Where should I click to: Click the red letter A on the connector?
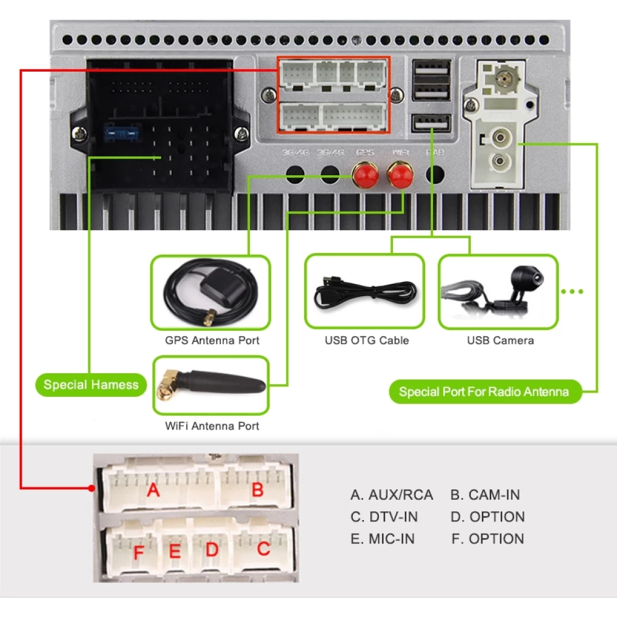(x=153, y=491)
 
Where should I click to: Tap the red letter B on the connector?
(x=257, y=491)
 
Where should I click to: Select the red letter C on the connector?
(x=263, y=549)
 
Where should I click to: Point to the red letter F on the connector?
(x=138, y=551)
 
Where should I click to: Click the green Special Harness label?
(x=91, y=385)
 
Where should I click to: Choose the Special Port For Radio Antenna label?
(x=484, y=392)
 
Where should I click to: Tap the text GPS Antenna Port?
(x=212, y=341)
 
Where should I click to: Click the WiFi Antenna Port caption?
(x=212, y=426)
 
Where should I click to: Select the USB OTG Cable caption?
(x=366, y=341)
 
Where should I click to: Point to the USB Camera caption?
(x=500, y=341)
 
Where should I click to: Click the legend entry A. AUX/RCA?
(x=392, y=495)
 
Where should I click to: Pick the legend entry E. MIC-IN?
(x=383, y=539)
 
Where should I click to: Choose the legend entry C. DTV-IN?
(x=384, y=517)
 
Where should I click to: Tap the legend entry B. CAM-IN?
(x=485, y=495)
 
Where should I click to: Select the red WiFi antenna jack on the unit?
(x=400, y=176)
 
